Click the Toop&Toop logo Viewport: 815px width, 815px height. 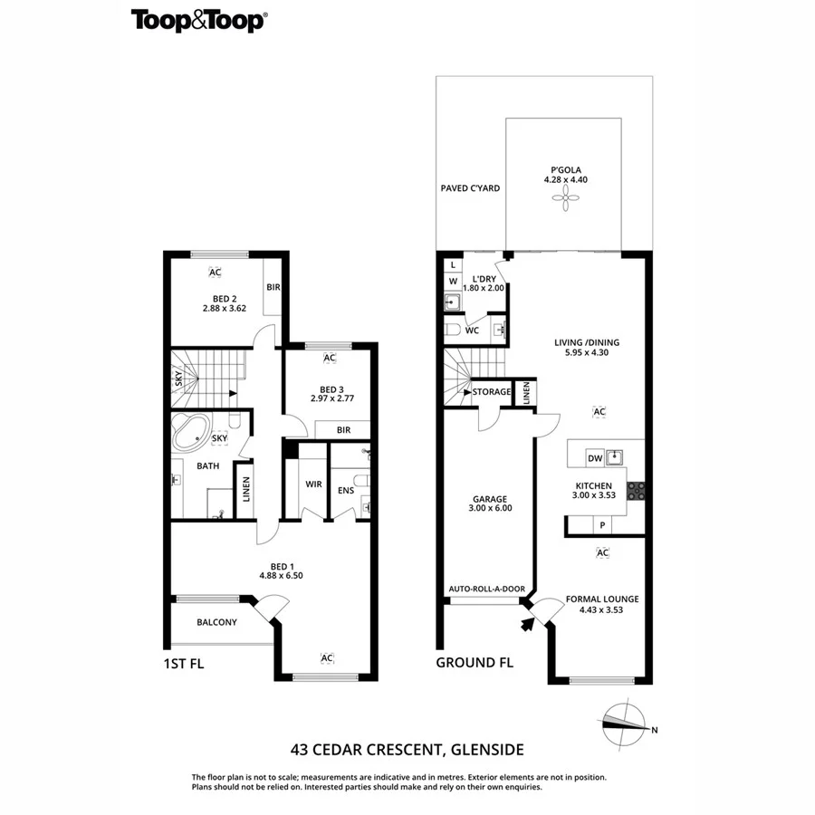point(198,21)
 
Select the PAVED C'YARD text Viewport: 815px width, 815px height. point(470,188)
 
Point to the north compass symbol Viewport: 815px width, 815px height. point(626,721)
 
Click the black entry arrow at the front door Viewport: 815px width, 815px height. point(528,621)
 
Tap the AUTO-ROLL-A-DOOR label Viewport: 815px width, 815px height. point(487,590)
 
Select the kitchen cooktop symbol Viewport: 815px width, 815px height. point(637,491)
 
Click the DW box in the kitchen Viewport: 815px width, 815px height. point(595,455)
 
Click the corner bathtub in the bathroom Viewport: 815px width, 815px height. point(193,434)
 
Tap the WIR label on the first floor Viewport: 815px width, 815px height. point(313,484)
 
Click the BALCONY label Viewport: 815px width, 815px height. point(216,622)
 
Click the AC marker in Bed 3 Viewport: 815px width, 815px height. point(330,358)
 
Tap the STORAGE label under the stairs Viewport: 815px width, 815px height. point(491,392)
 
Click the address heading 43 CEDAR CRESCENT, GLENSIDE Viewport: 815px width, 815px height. point(407,750)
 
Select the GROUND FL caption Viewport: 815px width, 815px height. point(475,663)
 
